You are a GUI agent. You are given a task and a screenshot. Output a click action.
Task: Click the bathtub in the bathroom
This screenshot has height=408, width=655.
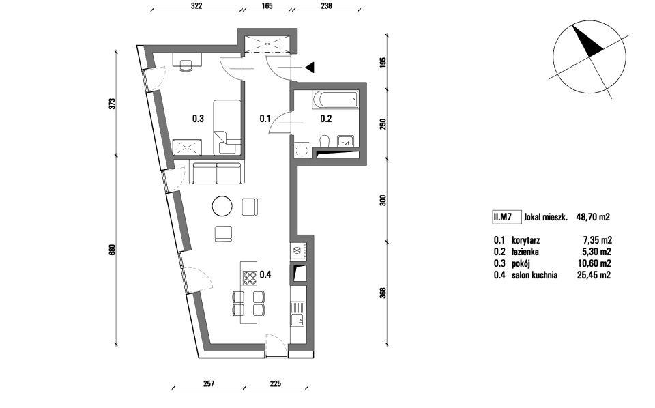(x=335, y=100)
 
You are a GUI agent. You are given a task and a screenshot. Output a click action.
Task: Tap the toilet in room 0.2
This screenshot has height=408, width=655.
(x=325, y=141)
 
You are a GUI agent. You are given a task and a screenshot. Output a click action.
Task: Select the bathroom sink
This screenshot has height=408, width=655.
(x=345, y=141)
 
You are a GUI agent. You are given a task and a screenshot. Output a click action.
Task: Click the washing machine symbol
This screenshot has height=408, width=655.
(x=302, y=150)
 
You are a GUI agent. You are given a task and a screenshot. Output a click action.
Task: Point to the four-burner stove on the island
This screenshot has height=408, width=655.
(x=250, y=278)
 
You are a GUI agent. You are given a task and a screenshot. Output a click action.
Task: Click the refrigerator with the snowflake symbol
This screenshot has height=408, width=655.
(x=297, y=250)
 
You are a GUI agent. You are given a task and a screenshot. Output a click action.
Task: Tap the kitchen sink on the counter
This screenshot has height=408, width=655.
(x=298, y=314)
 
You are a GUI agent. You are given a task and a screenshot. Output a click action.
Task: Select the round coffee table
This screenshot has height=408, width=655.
(x=222, y=206)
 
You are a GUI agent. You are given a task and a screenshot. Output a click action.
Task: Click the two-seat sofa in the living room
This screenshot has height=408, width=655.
(x=216, y=173)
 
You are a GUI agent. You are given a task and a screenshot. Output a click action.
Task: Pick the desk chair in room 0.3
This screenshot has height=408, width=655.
(x=186, y=65)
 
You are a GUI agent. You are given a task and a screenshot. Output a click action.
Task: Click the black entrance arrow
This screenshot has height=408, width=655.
(x=310, y=68)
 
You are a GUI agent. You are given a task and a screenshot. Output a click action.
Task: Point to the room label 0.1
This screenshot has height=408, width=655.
(x=265, y=119)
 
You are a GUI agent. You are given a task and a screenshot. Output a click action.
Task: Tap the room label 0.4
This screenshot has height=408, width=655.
(x=265, y=274)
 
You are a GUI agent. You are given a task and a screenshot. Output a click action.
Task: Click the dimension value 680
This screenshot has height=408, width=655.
(x=111, y=250)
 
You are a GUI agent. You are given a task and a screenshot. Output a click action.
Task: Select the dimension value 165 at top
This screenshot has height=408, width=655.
(x=267, y=6)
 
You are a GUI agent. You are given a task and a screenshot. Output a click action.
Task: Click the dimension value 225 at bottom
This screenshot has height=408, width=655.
(x=275, y=383)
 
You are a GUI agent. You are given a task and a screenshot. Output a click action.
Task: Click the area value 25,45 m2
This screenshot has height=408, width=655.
(x=594, y=275)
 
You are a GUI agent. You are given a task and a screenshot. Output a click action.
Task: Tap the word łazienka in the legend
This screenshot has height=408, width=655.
(x=525, y=252)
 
